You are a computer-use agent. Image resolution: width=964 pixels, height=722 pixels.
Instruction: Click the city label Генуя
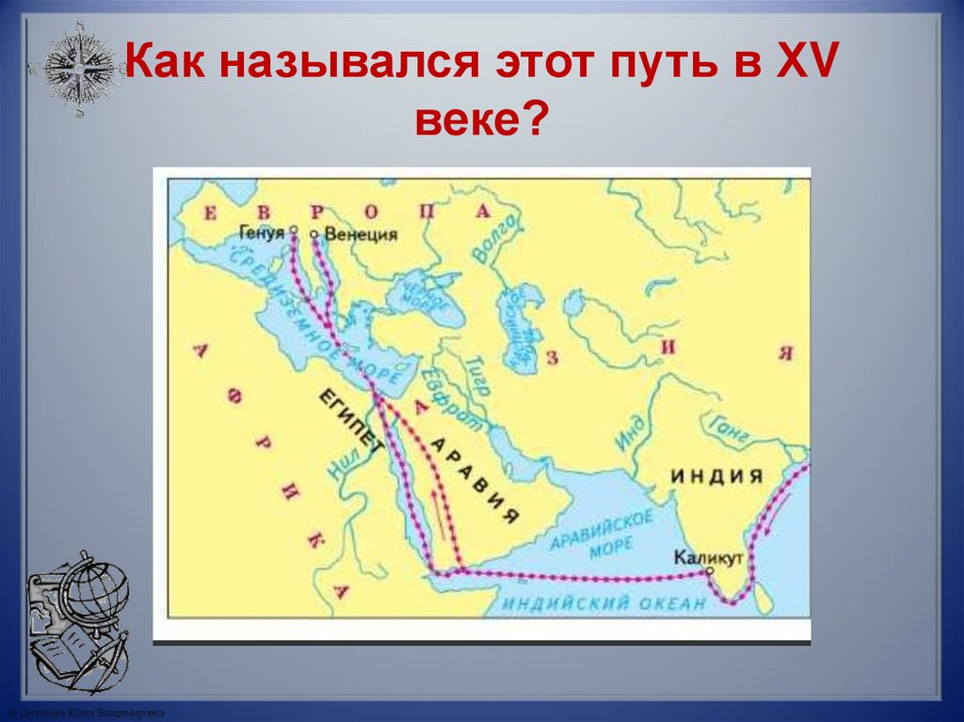[x=262, y=232]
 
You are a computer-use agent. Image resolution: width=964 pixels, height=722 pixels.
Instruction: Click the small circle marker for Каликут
[x=710, y=570]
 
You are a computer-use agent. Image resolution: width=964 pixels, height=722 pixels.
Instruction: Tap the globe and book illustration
[x=77, y=621]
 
